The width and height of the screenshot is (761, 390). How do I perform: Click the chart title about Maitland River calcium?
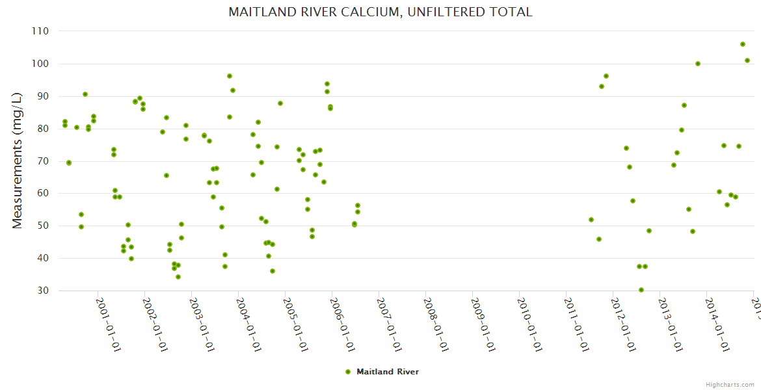pyautogui.click(x=380, y=12)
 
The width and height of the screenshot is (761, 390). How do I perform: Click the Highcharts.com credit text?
pyautogui.click(x=730, y=385)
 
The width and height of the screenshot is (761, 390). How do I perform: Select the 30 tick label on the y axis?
pyautogui.click(x=43, y=291)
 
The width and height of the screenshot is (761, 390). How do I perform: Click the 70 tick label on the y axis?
pyautogui.click(x=43, y=161)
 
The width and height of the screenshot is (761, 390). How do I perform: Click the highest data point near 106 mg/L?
pyautogui.click(x=743, y=44)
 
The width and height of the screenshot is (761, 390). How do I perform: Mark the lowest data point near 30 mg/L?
pyautogui.click(x=641, y=290)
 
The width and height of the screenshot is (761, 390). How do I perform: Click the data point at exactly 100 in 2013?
pyautogui.click(x=698, y=64)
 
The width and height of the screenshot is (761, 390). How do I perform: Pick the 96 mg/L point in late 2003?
pyautogui.click(x=230, y=76)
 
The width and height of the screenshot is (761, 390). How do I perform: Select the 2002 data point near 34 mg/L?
pyautogui.click(x=178, y=277)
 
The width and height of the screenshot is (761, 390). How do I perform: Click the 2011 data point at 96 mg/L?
pyautogui.click(x=606, y=76)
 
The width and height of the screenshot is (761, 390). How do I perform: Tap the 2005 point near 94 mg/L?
pyautogui.click(x=327, y=84)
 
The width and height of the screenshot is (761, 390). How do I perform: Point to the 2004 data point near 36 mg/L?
pyautogui.click(x=273, y=271)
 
